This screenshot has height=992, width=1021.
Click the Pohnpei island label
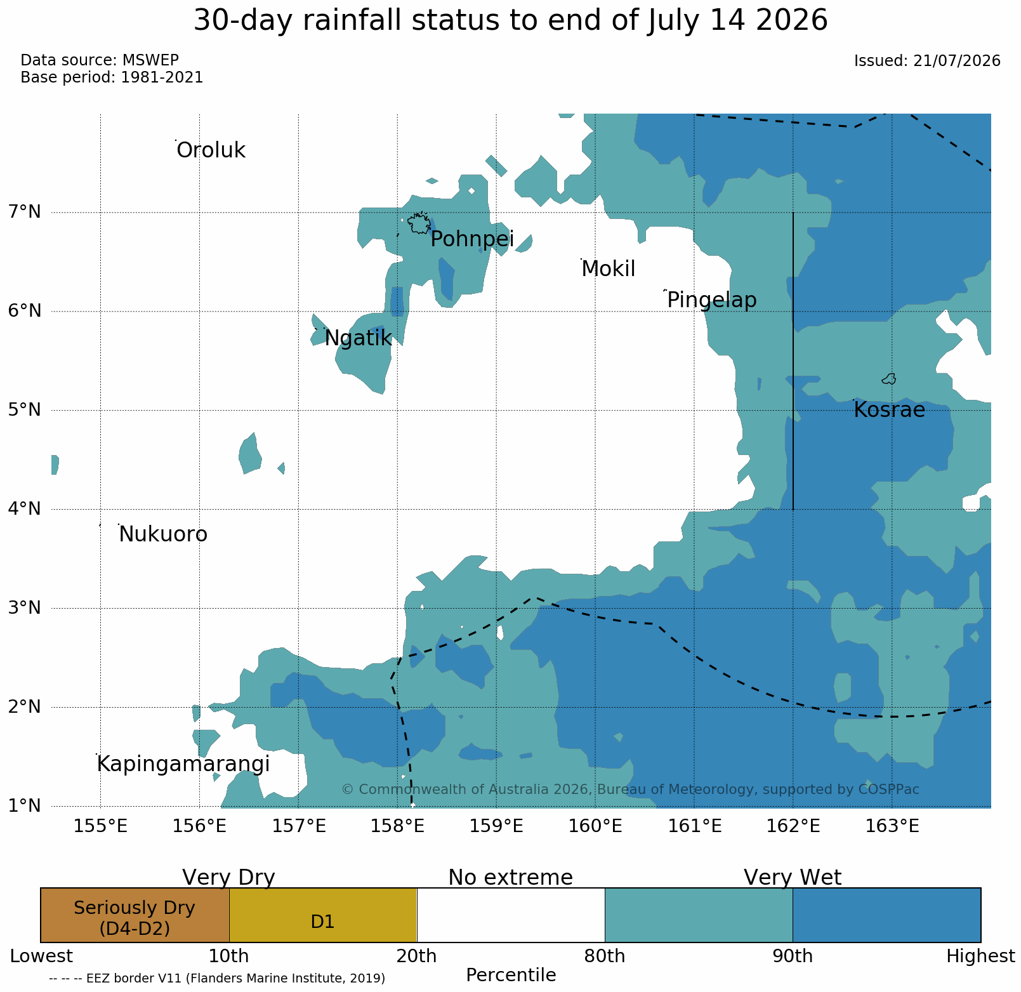point(472,239)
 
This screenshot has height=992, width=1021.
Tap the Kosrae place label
point(889,410)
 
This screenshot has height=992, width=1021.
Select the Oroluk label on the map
point(211,150)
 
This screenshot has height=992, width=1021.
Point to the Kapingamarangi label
point(183,764)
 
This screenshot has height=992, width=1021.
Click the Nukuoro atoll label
point(163,534)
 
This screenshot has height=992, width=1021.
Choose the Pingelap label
point(712,300)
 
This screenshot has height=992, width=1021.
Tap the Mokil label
point(609,269)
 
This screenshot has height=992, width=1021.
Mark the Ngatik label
point(359,338)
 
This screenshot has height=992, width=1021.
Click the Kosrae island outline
point(889,379)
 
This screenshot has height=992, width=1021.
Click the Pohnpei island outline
point(419,223)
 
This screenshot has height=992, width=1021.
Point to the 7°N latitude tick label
point(24,211)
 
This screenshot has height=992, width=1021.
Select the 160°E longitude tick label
point(595,826)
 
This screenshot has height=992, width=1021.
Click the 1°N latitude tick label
point(24,805)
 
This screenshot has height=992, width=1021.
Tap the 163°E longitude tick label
point(892,826)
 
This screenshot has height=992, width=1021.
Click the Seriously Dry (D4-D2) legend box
point(135,915)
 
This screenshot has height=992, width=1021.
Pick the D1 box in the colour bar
point(322,915)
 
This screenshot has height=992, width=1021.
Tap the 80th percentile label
point(605,956)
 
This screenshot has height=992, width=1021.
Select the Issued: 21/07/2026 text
point(927,61)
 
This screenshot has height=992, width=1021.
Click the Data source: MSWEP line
point(100,60)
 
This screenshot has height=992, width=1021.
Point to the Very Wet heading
point(793,877)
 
